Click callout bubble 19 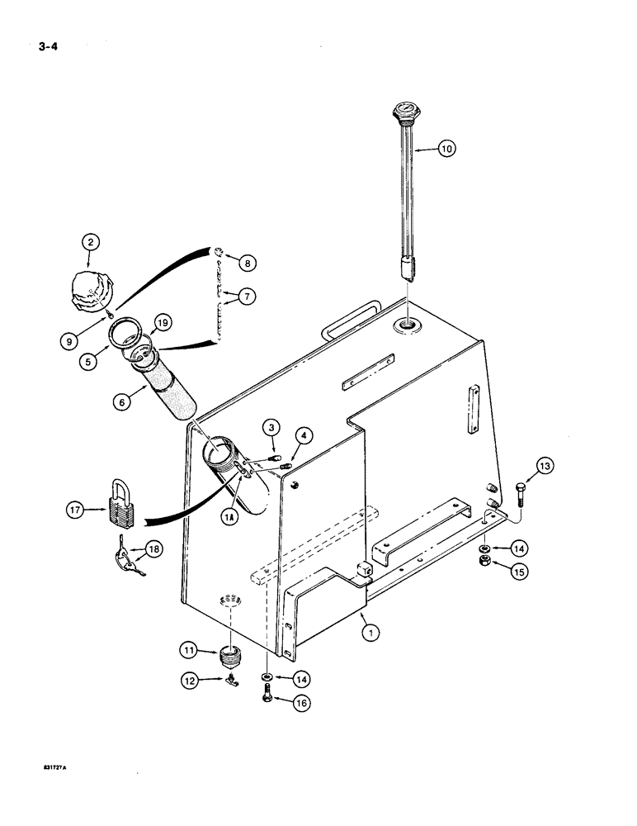(x=162, y=324)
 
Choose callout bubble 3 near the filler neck (x=269, y=426)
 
